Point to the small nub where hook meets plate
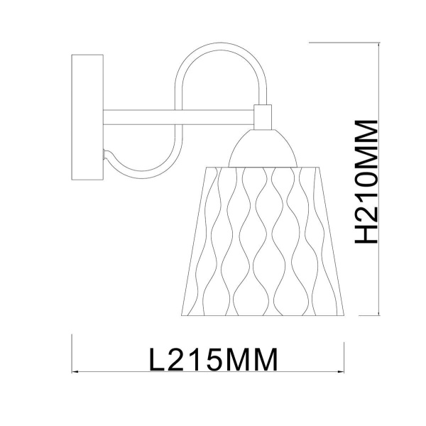tap(106, 153)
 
